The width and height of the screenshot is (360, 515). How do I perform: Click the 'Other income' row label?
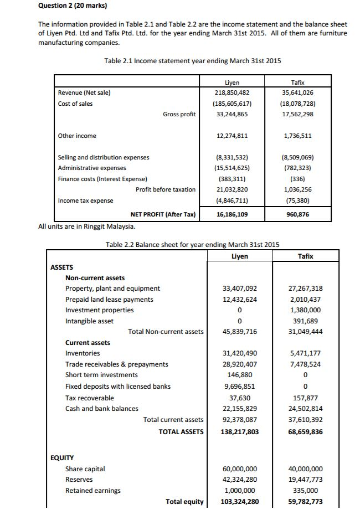(77, 136)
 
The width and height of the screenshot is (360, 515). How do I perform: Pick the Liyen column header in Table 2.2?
(239, 256)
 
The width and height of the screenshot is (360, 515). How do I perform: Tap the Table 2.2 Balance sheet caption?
(192, 244)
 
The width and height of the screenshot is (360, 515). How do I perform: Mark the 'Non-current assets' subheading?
(95, 277)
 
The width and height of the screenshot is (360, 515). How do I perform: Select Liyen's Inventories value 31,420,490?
(239, 353)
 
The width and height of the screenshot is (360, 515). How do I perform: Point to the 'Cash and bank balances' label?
(102, 408)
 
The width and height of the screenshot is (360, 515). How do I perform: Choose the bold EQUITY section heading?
(63, 458)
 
